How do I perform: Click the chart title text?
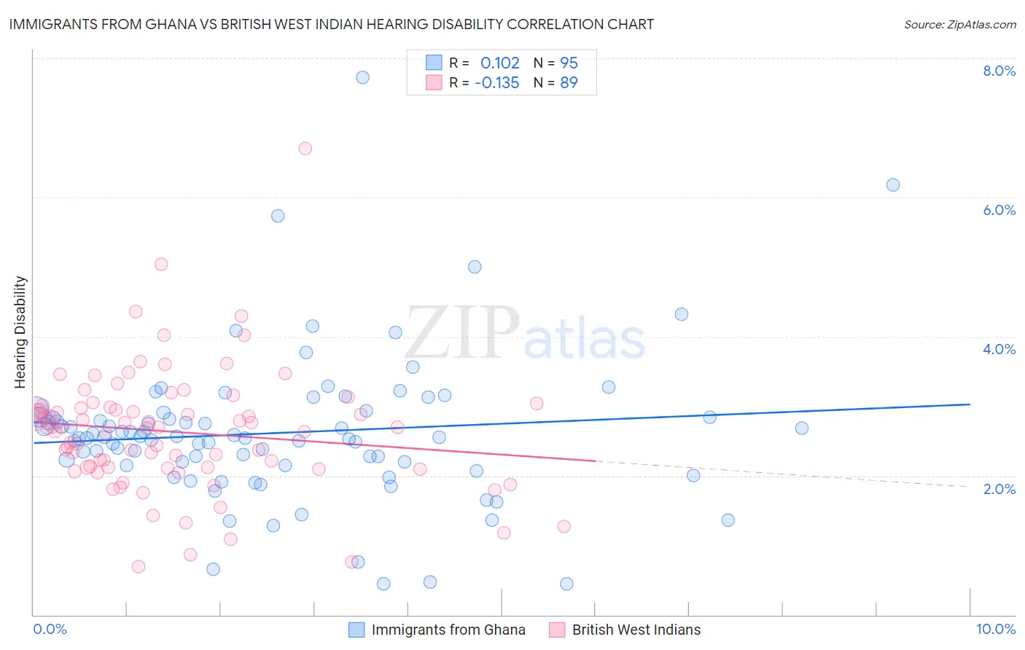[x=331, y=24]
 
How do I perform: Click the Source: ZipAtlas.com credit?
[x=959, y=24]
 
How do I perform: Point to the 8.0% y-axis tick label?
[x=999, y=71]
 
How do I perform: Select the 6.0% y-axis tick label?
[x=999, y=210]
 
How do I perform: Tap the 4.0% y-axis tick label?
[x=999, y=349]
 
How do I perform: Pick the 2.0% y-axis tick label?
[x=999, y=489]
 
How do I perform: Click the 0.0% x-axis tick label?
[x=50, y=629]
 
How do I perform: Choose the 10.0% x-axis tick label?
[x=996, y=629]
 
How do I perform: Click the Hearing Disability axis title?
[x=20, y=332]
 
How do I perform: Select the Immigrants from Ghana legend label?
[x=448, y=630]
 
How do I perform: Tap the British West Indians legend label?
[x=636, y=630]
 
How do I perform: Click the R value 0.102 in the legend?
[x=499, y=63]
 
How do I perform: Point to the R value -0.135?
[x=496, y=82]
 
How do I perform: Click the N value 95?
[x=569, y=63]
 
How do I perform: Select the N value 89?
[x=569, y=82]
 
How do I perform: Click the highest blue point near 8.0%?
[x=362, y=77]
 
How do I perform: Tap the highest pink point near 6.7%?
[x=305, y=149]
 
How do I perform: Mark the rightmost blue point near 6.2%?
[x=893, y=185]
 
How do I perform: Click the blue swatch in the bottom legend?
[x=356, y=630]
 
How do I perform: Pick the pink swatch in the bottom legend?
[x=557, y=630]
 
